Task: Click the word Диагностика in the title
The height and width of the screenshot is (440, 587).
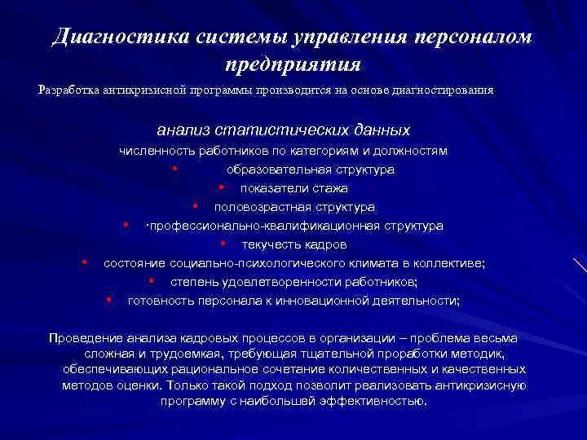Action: [x=121, y=37]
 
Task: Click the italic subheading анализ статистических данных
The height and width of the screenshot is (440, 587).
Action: [x=284, y=130]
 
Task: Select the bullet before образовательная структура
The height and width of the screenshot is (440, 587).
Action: [x=176, y=169]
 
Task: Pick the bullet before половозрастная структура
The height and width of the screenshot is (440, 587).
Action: [x=197, y=207]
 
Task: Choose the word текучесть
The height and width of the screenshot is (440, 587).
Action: [x=268, y=244]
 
